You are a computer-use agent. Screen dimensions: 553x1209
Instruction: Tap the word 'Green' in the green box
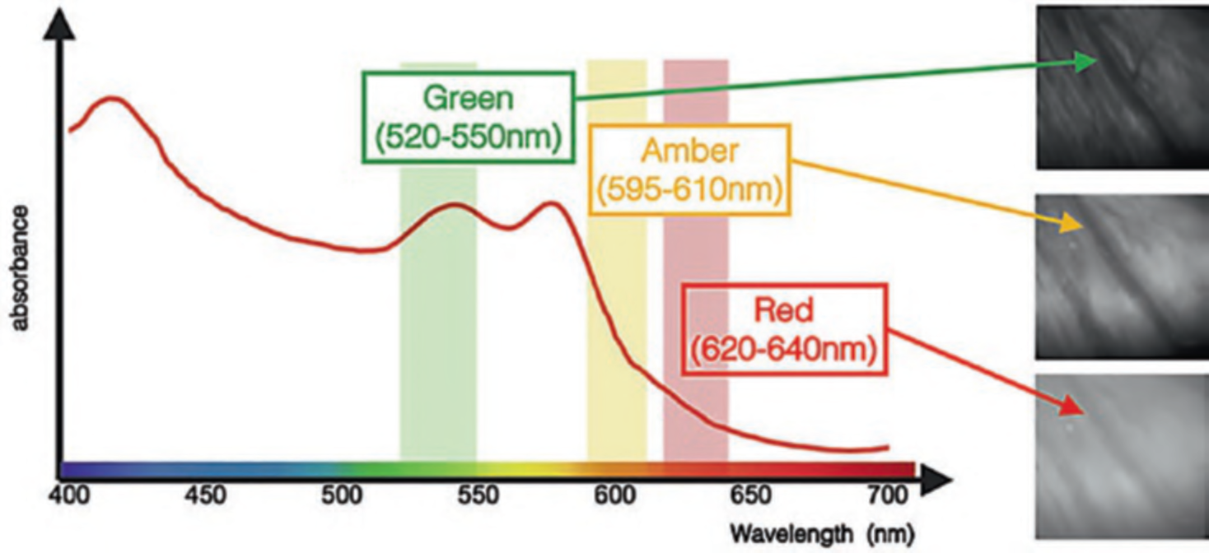pyautogui.click(x=468, y=99)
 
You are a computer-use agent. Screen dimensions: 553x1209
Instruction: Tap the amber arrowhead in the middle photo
pyautogui.click(x=1070, y=223)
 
